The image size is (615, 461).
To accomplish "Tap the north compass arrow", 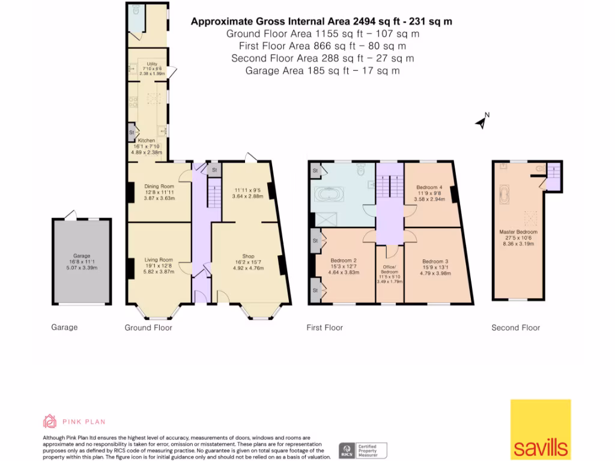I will point(481,122).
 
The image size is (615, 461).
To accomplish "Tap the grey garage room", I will point(81,262).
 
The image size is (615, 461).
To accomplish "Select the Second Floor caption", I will point(515,328).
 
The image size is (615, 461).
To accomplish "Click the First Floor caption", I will point(324,328).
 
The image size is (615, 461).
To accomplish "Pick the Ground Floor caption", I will point(148,328).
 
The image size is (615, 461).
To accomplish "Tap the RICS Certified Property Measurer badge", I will point(363,450).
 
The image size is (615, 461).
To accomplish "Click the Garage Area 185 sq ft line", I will point(323,71).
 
